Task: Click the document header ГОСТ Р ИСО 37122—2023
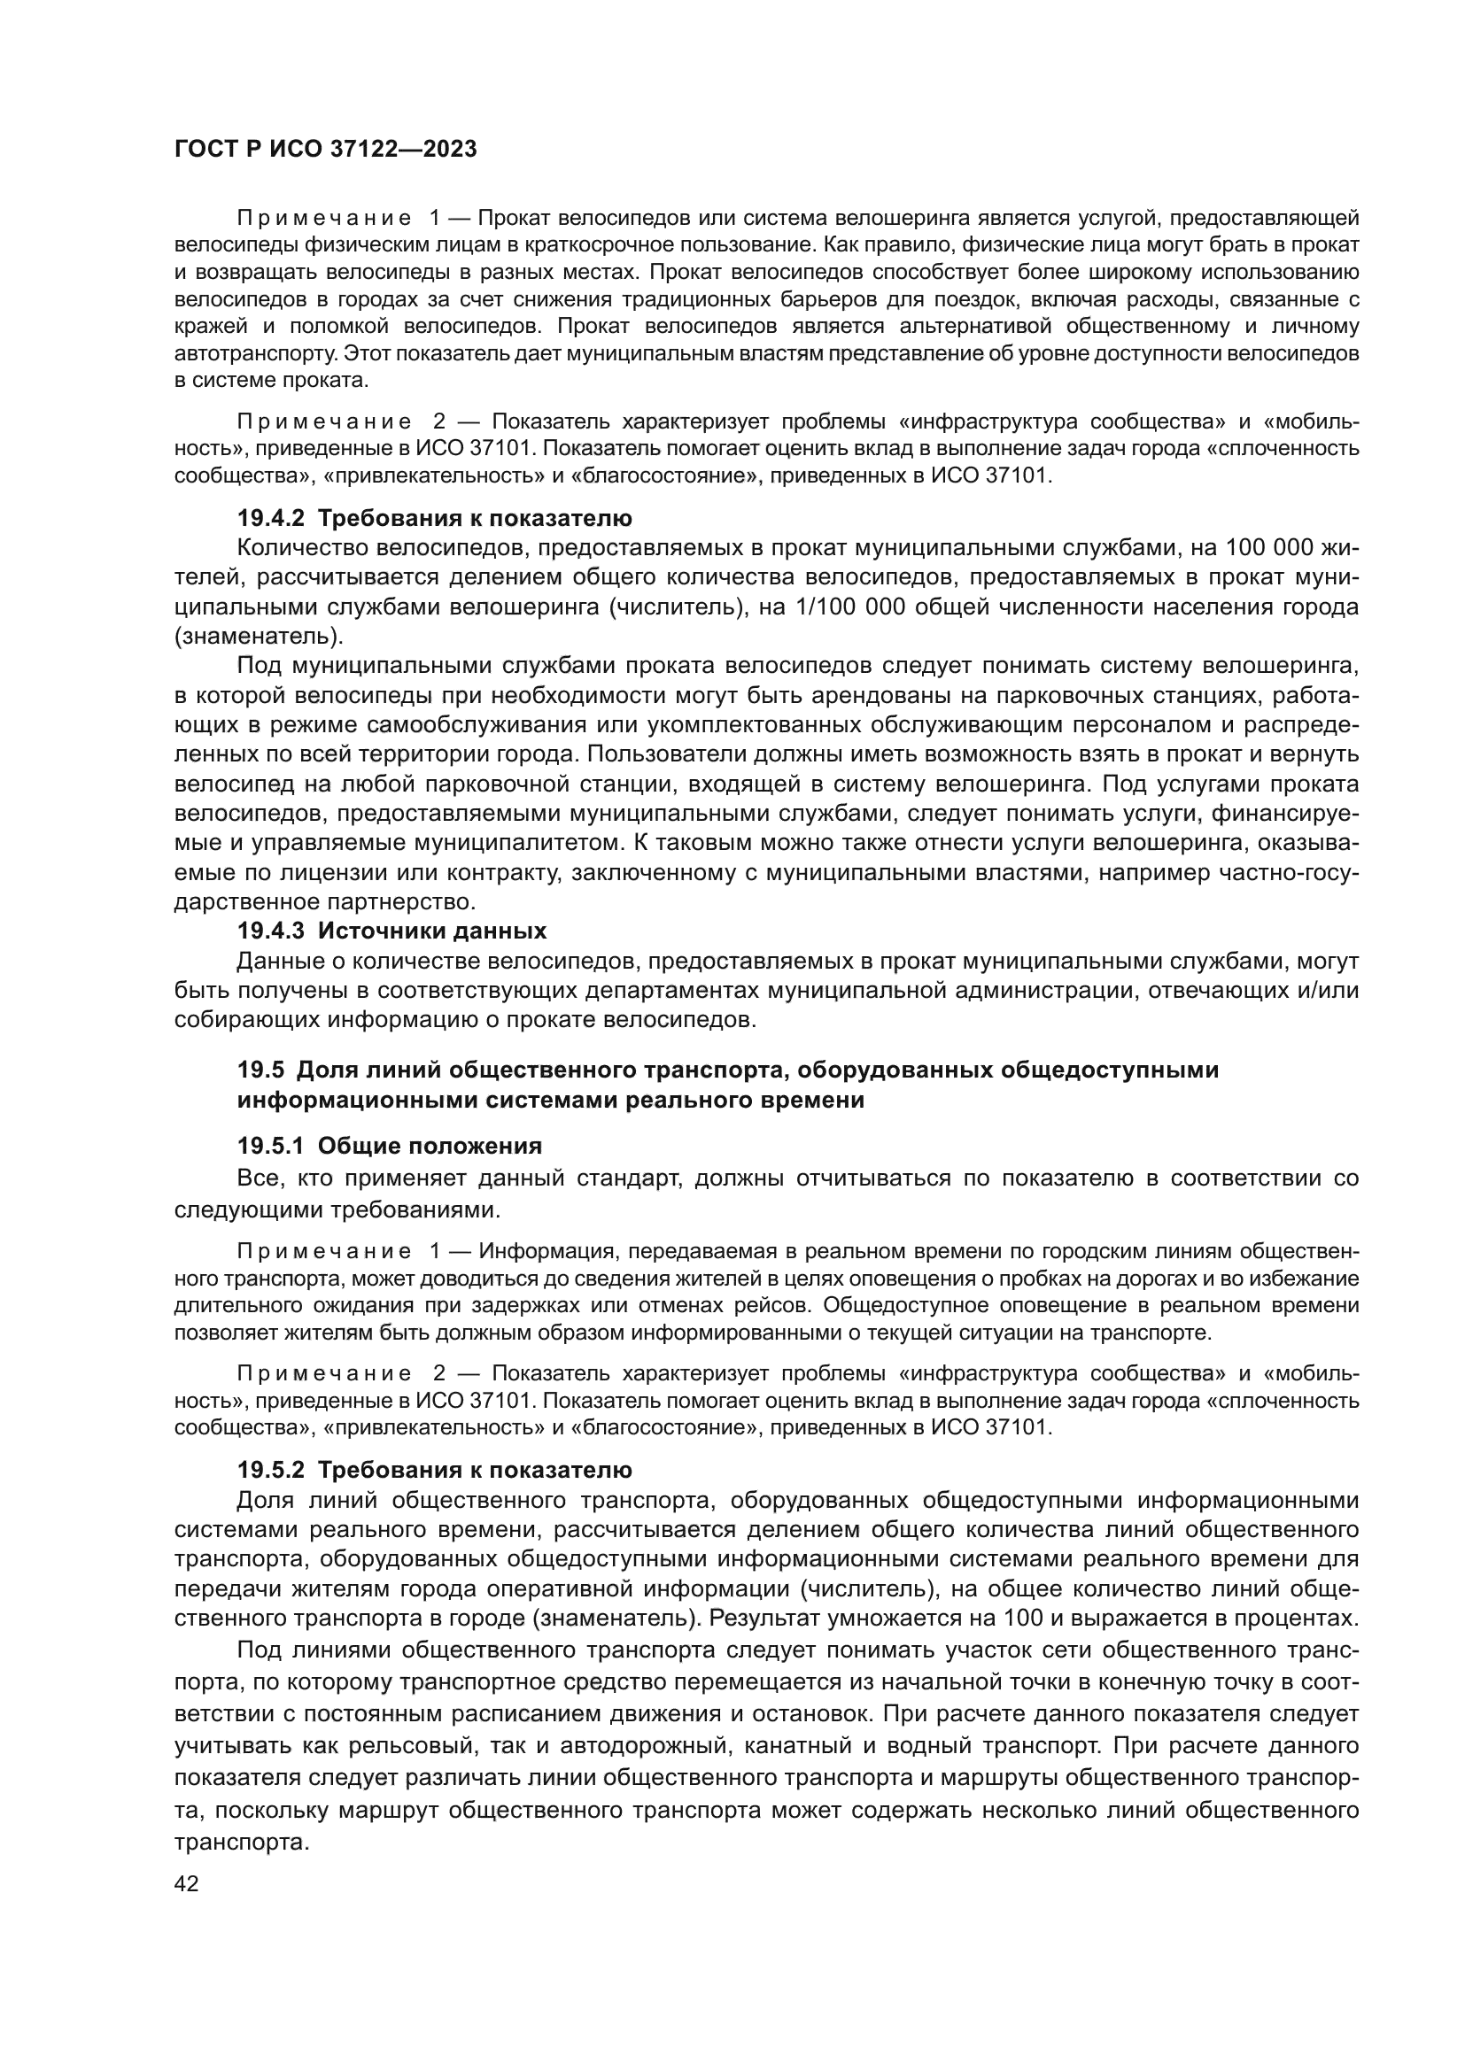(x=325, y=150)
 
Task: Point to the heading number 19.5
(x=260, y=1070)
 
